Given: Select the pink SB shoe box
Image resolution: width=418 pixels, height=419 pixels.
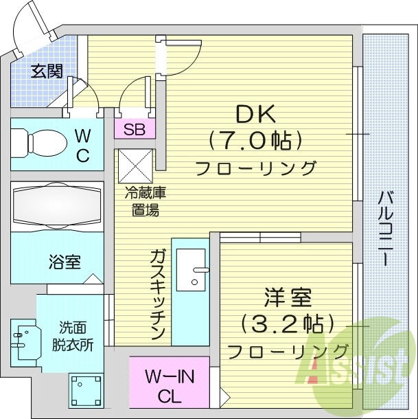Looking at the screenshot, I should (x=135, y=130).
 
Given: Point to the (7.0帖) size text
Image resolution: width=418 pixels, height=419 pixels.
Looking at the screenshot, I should (x=256, y=141).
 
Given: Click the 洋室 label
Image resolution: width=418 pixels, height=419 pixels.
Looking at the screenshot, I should (x=288, y=299).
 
